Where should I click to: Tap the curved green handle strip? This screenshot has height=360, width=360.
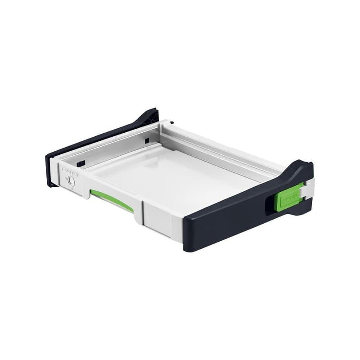(111, 200)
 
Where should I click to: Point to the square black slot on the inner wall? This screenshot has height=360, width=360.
(147, 141)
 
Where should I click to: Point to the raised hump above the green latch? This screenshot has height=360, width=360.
(300, 169)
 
